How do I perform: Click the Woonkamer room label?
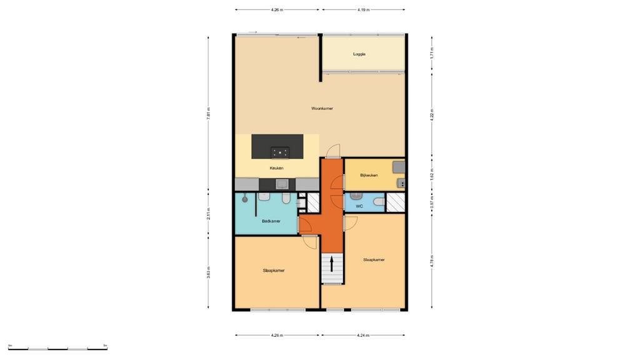tap(322, 109)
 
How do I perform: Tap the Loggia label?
tap(359, 54)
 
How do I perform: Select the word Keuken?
tap(276, 169)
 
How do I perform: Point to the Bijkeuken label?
tap(369, 176)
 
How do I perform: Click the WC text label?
tap(359, 206)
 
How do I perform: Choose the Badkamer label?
tap(271, 221)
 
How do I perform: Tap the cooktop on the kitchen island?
tap(279, 151)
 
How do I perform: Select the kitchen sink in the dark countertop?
tap(282, 184)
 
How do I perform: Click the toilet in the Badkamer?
tap(286, 198)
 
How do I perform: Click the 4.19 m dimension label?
tap(363, 10)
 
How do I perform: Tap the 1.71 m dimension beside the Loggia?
tap(431, 54)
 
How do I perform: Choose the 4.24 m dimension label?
tap(363, 336)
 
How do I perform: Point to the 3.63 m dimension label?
tap(209, 272)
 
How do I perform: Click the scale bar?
tap(57, 348)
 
